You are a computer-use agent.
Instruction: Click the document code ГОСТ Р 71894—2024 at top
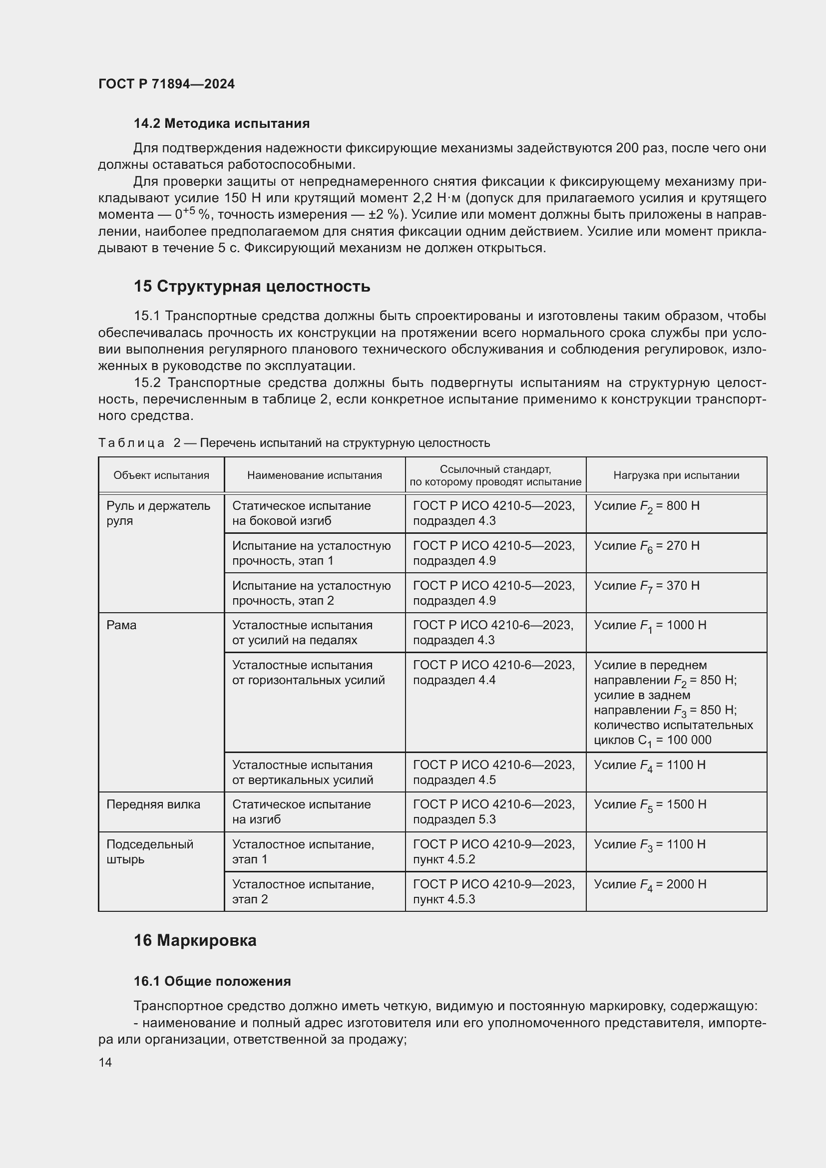pyautogui.click(x=166, y=84)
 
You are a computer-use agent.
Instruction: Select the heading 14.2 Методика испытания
pyautogui.click(x=221, y=123)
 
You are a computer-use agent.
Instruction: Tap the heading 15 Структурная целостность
pyautogui.click(x=252, y=287)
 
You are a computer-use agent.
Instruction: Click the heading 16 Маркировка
pyautogui.click(x=195, y=940)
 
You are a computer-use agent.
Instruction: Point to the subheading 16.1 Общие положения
pyautogui.click(x=212, y=981)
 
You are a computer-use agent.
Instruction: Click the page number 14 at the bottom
pyautogui.click(x=105, y=1062)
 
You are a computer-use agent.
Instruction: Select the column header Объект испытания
pyautogui.click(x=161, y=475)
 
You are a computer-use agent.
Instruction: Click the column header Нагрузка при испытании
pyautogui.click(x=676, y=475)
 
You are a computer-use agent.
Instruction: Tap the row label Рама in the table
pyautogui.click(x=121, y=625)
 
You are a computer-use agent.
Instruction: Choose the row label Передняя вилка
pyautogui.click(x=153, y=804)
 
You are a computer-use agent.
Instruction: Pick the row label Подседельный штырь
pyautogui.click(x=149, y=851)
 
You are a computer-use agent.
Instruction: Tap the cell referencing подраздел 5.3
pyautogui.click(x=493, y=811)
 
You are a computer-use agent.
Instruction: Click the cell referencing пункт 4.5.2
pyautogui.click(x=493, y=851)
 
